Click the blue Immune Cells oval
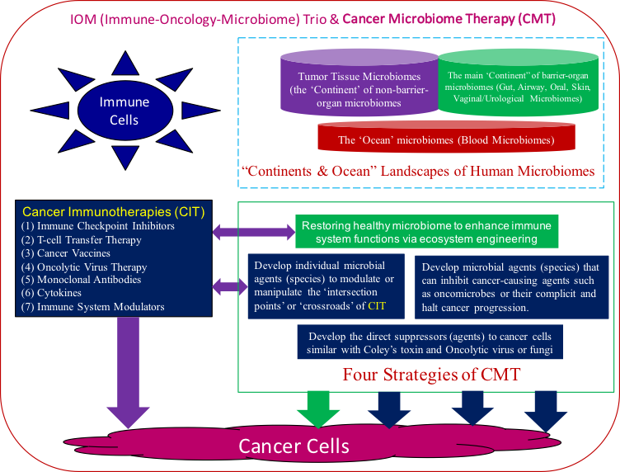point(124,111)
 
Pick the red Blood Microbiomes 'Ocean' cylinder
point(445,139)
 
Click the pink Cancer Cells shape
point(294,446)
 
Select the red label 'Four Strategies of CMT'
point(430,374)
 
